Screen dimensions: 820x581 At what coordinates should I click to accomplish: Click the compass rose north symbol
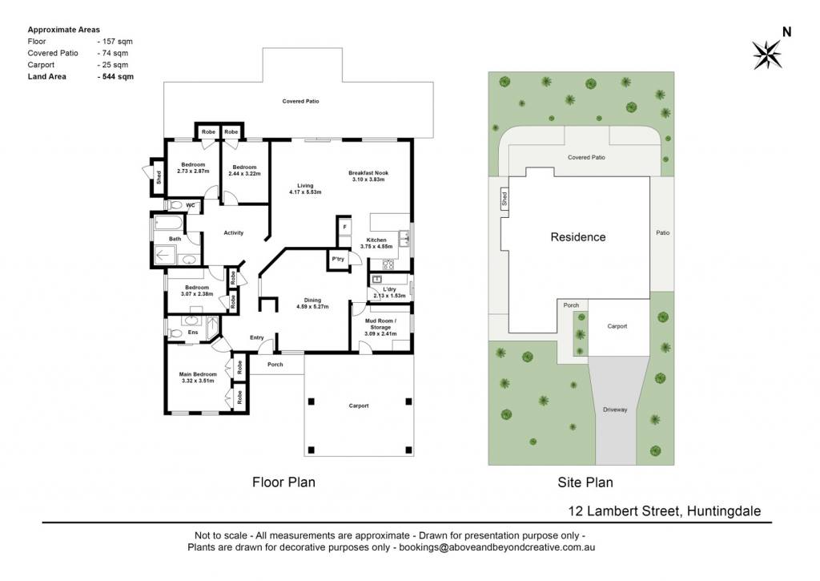(x=767, y=54)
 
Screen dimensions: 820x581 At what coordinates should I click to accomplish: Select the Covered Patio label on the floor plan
(x=301, y=101)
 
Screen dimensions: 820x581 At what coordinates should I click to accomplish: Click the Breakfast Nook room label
(x=368, y=173)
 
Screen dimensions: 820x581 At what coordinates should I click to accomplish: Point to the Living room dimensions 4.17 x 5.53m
(x=305, y=192)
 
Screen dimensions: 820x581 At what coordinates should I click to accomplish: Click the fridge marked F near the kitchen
(x=344, y=227)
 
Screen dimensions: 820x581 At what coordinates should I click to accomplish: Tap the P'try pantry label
(x=339, y=259)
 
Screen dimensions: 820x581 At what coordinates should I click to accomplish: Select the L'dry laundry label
(x=390, y=289)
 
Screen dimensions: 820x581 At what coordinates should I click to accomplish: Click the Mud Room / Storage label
(x=380, y=324)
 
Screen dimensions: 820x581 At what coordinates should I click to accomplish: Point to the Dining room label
(x=313, y=300)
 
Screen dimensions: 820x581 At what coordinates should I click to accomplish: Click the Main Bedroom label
(x=198, y=374)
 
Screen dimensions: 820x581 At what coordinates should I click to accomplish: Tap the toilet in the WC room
(x=175, y=205)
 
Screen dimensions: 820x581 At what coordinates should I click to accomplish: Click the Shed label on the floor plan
(x=159, y=177)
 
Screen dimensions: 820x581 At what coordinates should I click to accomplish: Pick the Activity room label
(x=234, y=233)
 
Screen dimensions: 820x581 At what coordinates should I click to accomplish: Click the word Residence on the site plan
(x=578, y=237)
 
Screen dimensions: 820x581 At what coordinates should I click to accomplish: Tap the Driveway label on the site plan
(x=615, y=410)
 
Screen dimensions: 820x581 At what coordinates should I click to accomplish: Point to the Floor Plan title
(x=284, y=482)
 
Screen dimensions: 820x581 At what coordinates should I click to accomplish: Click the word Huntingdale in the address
(x=724, y=510)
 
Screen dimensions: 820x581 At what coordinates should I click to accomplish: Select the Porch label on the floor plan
(x=275, y=365)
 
